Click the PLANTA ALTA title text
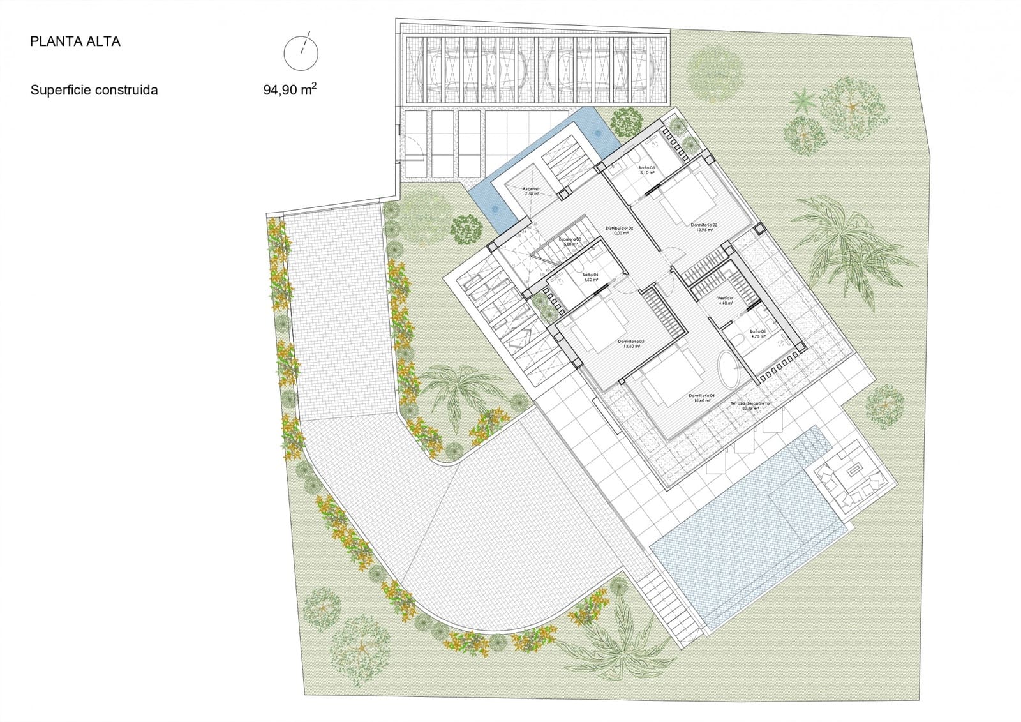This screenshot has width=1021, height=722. pyautogui.click(x=75, y=42)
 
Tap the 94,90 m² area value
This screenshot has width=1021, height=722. pyautogui.click(x=289, y=89)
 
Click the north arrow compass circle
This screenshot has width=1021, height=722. pyautogui.click(x=301, y=52)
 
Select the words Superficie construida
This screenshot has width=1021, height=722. pyautogui.click(x=94, y=90)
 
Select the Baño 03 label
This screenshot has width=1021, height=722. pyautogui.click(x=647, y=169)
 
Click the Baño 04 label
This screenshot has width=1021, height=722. pyautogui.click(x=590, y=277)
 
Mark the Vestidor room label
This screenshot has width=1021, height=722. pyautogui.click(x=726, y=300)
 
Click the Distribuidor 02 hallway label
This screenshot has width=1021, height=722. pyautogui.click(x=619, y=230)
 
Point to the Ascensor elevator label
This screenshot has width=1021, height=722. pyautogui.click(x=532, y=190)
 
